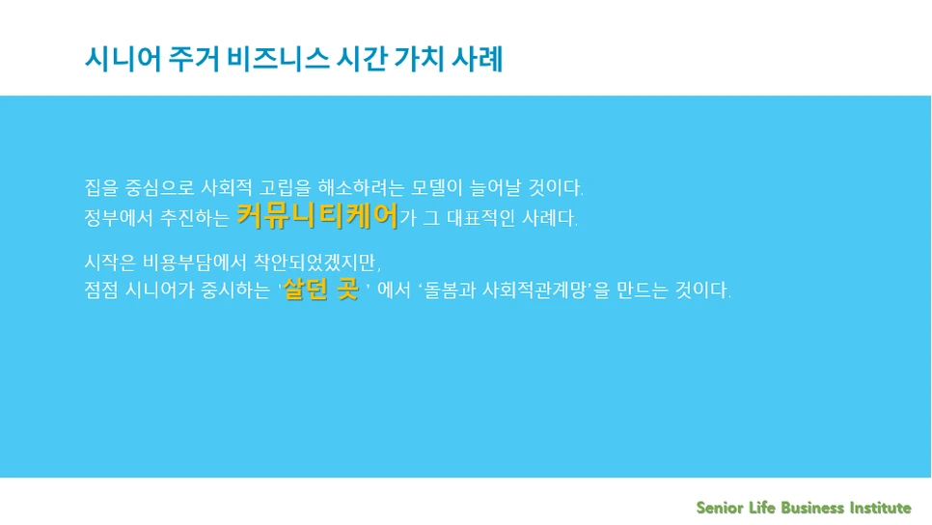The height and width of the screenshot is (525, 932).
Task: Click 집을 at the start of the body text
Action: (x=100, y=185)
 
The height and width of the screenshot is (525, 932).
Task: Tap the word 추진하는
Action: (x=194, y=218)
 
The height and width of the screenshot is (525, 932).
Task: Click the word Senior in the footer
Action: (x=721, y=508)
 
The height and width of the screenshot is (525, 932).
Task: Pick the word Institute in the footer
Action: (x=880, y=508)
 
